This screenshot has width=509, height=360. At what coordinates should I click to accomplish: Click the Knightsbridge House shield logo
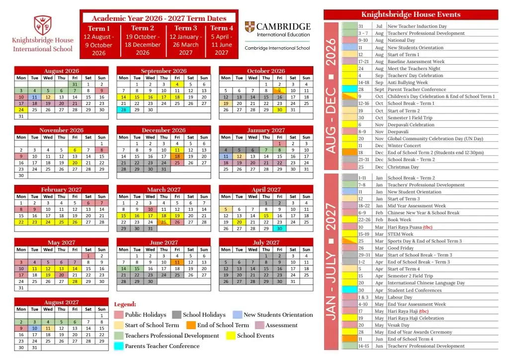click(x=42, y=24)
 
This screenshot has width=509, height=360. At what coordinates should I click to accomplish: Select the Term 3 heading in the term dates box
click(x=185, y=28)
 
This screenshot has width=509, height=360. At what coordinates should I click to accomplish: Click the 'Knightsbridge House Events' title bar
click(x=411, y=14)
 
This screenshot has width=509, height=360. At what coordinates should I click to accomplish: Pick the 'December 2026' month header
click(x=164, y=130)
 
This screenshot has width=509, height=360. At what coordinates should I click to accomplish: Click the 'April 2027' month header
click(x=266, y=189)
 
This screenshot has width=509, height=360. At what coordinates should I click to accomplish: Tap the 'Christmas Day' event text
click(x=403, y=167)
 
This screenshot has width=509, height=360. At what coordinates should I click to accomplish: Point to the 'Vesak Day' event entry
click(x=398, y=325)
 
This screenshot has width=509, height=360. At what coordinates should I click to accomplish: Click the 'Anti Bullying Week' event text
click(x=408, y=83)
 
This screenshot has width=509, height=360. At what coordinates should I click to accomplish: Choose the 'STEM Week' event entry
click(x=400, y=234)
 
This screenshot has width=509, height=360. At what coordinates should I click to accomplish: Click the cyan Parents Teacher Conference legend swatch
click(x=119, y=346)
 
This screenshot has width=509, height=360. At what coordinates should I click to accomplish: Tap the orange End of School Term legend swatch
click(x=190, y=325)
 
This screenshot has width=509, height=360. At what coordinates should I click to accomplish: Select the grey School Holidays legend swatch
click(x=176, y=315)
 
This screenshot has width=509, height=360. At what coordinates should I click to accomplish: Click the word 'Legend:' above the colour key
click(x=125, y=304)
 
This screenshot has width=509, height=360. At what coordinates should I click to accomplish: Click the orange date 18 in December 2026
click(x=177, y=156)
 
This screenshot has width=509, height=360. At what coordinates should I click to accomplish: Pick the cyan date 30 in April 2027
click(x=279, y=229)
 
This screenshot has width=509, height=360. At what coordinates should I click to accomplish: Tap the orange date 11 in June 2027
click(x=177, y=262)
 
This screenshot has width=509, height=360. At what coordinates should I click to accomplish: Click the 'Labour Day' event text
click(x=400, y=297)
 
